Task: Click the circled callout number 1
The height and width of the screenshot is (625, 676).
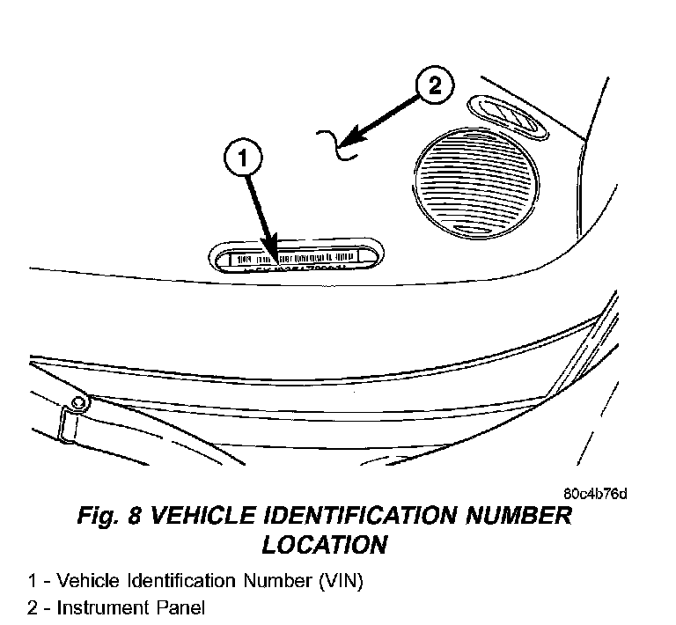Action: (x=244, y=159)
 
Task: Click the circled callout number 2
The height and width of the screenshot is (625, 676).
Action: (x=433, y=87)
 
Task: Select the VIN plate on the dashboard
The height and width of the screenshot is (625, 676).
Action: (x=296, y=257)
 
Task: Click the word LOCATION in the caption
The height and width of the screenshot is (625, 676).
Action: (x=324, y=545)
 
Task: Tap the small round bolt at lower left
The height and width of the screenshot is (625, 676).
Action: (x=80, y=402)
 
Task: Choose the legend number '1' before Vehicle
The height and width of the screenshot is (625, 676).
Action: (x=32, y=581)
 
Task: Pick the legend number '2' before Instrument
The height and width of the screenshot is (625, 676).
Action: (x=33, y=607)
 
